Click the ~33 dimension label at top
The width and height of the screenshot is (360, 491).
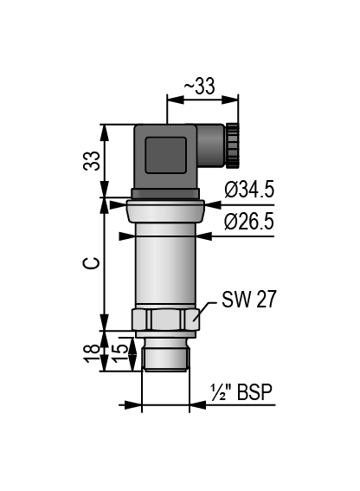pos(199,86)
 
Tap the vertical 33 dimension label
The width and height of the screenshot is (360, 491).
pos(92,161)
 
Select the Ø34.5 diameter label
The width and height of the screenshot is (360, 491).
pos(249,190)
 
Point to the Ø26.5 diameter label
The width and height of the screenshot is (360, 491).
pos(249,222)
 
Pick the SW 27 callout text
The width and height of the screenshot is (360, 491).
pos(249,299)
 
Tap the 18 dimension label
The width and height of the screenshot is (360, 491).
pos(93,353)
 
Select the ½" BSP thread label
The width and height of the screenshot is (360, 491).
pos(241,391)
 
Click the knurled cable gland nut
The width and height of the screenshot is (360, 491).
pos(233,145)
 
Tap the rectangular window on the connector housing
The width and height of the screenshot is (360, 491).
pos(165,155)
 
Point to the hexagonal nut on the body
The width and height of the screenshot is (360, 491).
pos(165,319)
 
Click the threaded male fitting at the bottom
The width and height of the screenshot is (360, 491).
pos(165,354)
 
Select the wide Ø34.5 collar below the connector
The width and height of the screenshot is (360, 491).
pos(165,210)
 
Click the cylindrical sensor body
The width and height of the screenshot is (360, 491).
pos(165,264)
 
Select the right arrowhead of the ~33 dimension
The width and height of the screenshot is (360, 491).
pos(230,100)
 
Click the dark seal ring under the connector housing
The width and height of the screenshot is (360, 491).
pos(165,194)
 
